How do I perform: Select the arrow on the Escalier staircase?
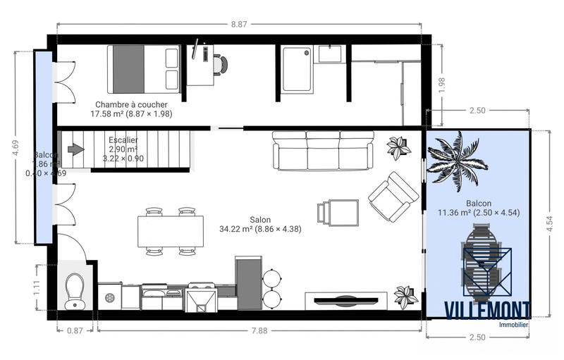coord(75,149)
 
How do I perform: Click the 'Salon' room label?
coord(260,219)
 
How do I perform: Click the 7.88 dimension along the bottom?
coord(260,330)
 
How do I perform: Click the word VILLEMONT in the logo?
coord(486,310)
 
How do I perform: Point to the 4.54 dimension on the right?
coord(550,223)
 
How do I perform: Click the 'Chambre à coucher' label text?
coord(132,104)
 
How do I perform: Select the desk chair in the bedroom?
coord(221,65)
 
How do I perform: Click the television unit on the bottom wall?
coord(346,299)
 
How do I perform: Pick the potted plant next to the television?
coord(405,296)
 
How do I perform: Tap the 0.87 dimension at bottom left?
coord(73,330)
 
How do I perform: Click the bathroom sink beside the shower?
coord(329,53)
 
